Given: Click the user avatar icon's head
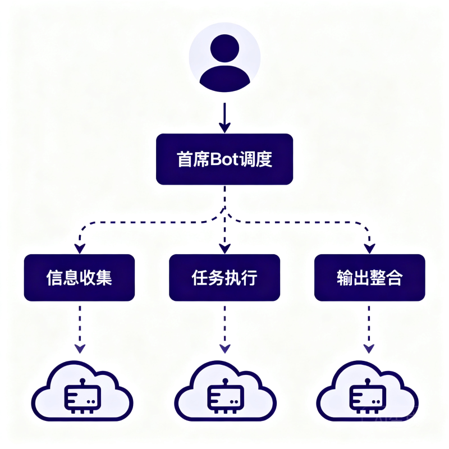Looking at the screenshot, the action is [x=225, y=48].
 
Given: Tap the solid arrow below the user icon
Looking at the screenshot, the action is [x=225, y=118].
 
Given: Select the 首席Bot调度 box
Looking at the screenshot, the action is [x=224, y=159].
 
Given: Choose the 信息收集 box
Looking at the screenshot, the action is [x=79, y=277].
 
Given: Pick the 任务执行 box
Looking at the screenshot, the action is [x=224, y=277].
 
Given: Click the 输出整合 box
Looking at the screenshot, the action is [x=370, y=277].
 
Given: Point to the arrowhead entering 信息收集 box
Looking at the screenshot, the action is [x=80, y=249].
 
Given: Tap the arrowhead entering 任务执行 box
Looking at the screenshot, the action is [x=225, y=249].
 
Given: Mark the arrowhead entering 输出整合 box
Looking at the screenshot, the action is [x=370, y=249].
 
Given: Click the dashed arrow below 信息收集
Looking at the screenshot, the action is [x=80, y=329].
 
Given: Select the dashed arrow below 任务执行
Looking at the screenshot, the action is [x=225, y=329].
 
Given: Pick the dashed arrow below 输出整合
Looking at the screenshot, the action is [x=369, y=329].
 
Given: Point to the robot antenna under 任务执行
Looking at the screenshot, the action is [x=226, y=382].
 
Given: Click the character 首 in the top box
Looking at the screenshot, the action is [x=185, y=159].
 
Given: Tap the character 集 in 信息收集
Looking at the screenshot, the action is [x=104, y=277].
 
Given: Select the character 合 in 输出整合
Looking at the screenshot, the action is [x=395, y=277].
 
